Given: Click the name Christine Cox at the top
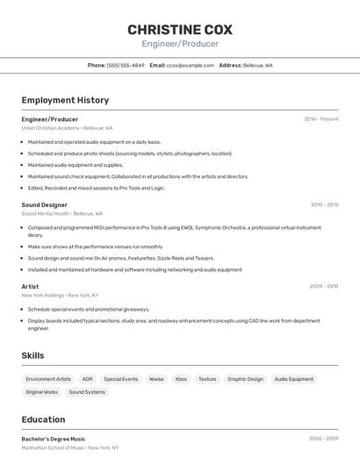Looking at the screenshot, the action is pos(179,29).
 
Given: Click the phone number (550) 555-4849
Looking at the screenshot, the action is pos(126,65).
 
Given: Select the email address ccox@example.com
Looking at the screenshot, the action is pos(191,65).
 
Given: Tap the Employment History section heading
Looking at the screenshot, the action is pos(65,100).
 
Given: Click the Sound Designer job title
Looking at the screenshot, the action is pos(44,204).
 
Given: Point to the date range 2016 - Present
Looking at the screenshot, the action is pos(320,118).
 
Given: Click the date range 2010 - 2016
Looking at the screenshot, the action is pos(324,204).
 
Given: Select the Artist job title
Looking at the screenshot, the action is pos(30,286).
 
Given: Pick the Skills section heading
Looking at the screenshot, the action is pos(32,354).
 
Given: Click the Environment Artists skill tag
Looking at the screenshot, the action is pos(48,379).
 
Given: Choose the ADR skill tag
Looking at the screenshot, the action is pos(87,379).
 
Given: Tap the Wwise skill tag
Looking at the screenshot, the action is pos(156,379).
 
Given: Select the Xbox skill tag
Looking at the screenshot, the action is pos(181,379).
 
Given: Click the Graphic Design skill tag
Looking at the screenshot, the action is pos(245,379).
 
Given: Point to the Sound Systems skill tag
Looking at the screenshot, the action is pos(87,392).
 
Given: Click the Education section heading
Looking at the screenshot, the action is pos(43,419).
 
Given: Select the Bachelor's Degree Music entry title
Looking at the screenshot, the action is pos(54,439).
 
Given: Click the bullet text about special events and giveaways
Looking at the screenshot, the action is pos(88,309).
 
